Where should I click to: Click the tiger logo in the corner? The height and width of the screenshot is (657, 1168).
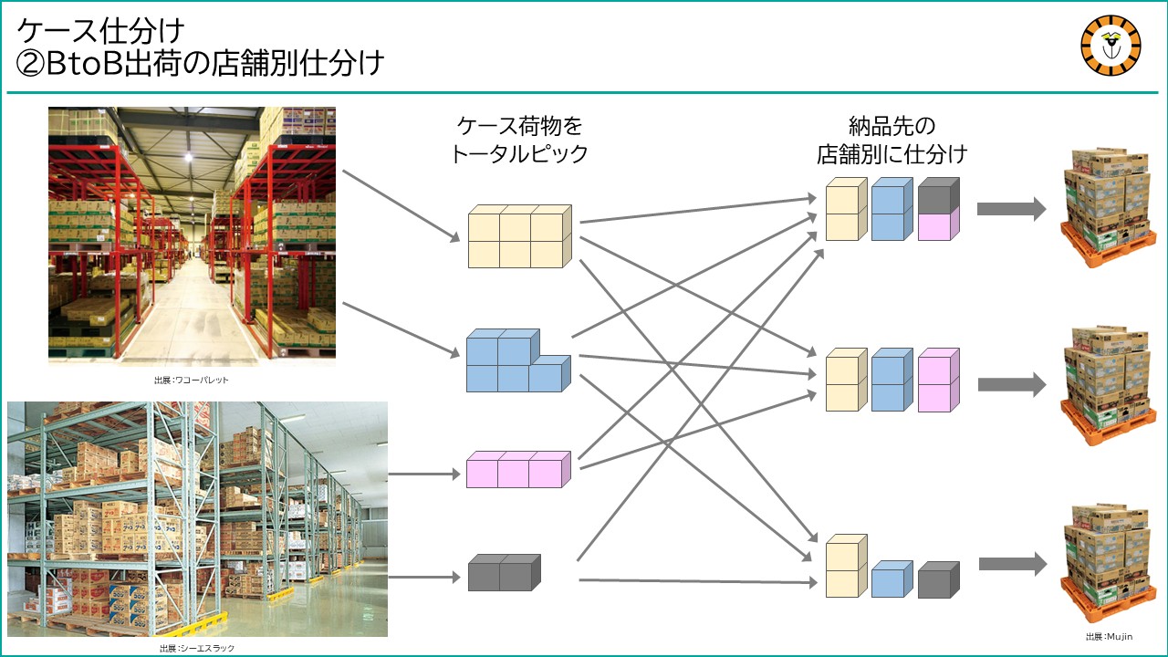[1111, 47]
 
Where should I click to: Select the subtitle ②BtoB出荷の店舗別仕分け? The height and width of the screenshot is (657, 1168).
[200, 63]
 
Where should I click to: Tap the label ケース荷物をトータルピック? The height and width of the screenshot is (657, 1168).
[519, 140]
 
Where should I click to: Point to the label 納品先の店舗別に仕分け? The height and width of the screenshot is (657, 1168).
[892, 140]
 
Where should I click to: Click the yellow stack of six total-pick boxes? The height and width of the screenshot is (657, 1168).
[519, 236]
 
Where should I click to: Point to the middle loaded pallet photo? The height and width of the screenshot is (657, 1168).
[1104, 385]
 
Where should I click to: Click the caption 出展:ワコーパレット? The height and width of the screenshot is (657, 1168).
[192, 381]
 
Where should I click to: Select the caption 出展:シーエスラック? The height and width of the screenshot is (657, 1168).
[197, 648]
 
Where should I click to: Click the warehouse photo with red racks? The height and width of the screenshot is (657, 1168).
[192, 236]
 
